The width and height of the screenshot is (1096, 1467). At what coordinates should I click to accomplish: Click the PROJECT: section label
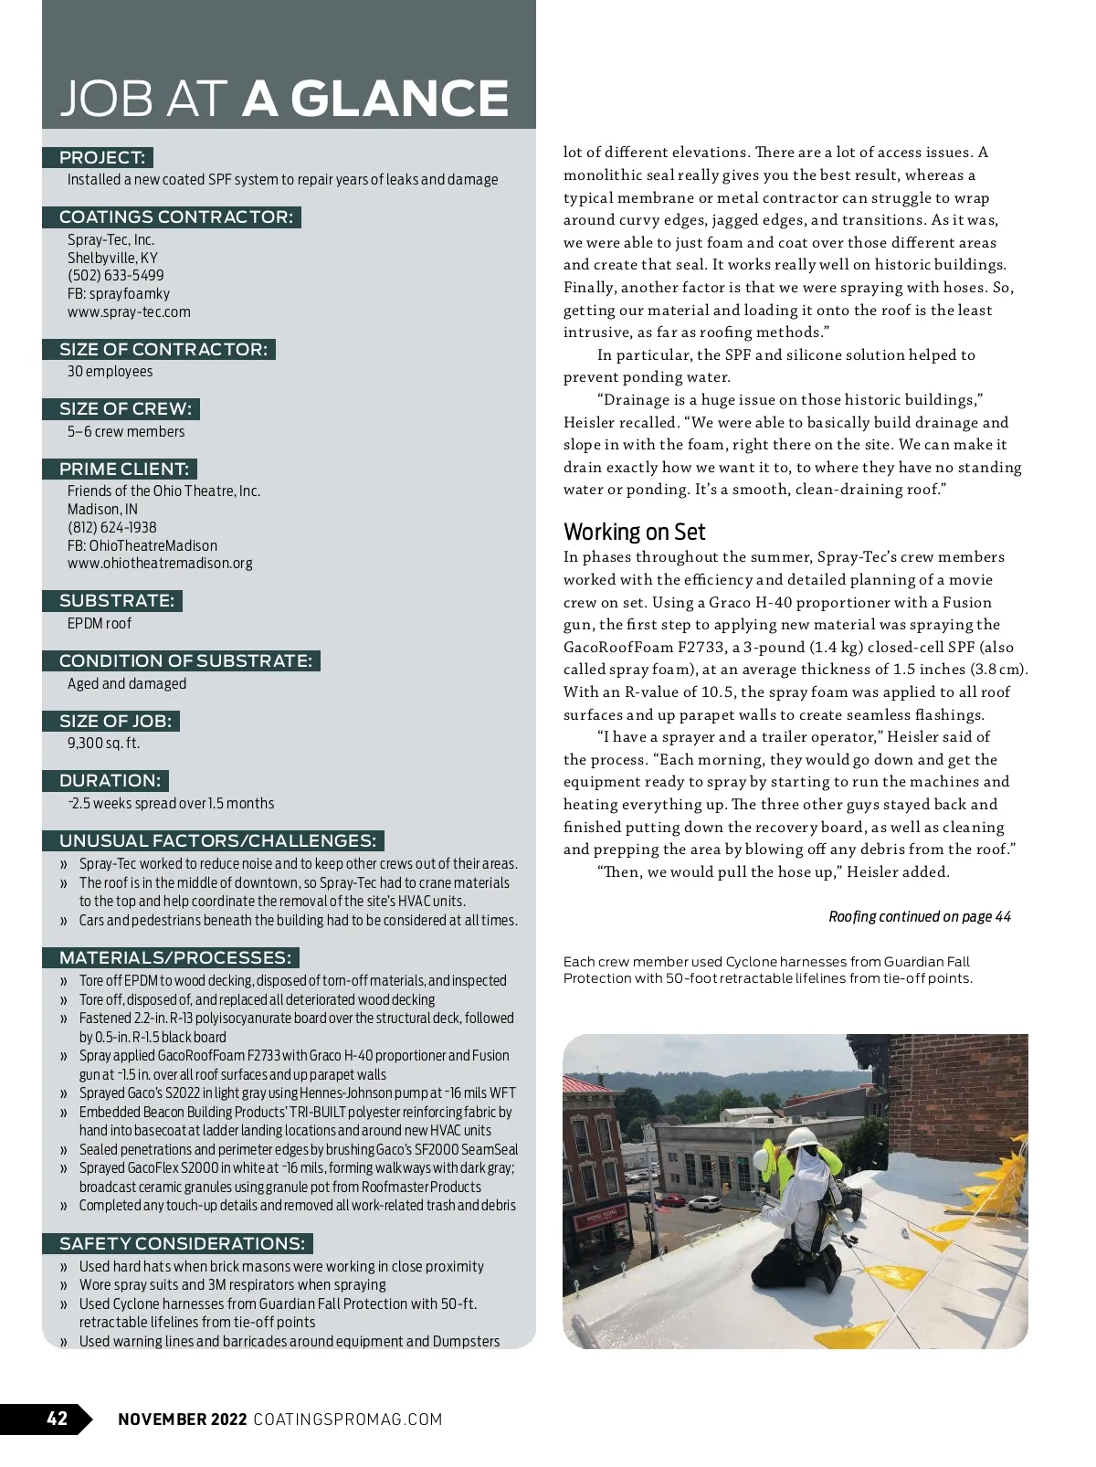101,158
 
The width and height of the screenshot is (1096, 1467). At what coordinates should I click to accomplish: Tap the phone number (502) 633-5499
116,276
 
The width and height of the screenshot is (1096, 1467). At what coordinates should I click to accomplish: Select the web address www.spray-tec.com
129,311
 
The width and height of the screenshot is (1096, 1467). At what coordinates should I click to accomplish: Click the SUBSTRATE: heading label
116,601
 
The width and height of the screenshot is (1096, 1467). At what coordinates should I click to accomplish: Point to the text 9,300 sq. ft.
104,744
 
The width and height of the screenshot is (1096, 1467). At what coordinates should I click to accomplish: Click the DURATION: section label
110,781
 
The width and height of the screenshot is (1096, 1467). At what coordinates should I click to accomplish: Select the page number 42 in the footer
58,1419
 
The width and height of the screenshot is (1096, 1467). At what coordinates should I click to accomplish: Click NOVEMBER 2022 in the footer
183,1420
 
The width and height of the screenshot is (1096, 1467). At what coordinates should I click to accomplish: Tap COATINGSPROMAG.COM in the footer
347,1420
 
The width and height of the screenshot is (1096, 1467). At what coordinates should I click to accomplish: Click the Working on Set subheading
635,532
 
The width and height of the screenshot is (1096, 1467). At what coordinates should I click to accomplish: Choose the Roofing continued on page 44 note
920,916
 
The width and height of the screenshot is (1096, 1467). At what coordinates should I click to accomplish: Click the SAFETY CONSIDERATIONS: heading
182,1244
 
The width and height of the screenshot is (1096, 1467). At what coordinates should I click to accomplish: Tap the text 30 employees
110,372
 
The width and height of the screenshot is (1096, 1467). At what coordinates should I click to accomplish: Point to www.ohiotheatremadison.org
160,564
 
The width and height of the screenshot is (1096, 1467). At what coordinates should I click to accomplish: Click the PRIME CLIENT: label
124,470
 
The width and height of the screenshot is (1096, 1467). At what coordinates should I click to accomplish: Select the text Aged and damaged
127,684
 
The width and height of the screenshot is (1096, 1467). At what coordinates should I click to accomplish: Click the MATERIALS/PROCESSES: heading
175,958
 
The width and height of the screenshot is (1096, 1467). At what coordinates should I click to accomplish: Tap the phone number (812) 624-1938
112,528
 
